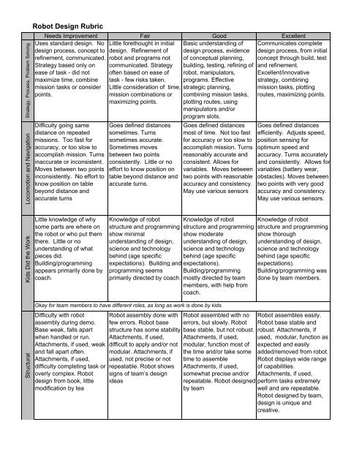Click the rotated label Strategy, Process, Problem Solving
click(28, 77)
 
